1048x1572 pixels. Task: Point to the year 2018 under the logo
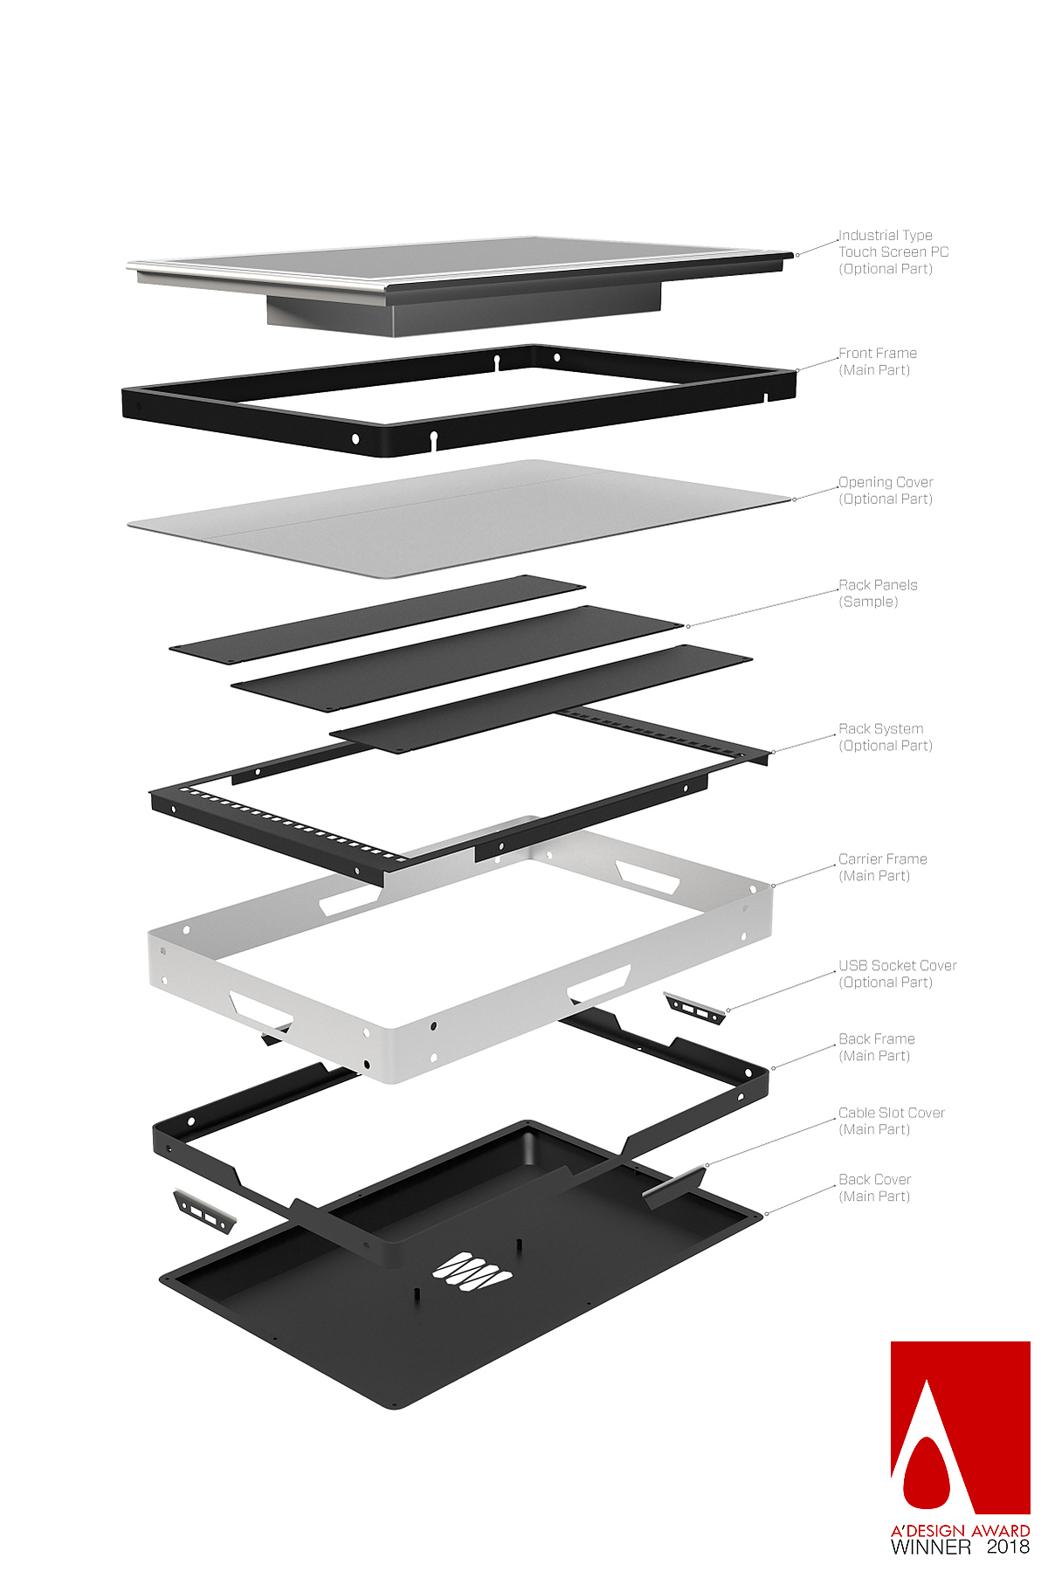click(1008, 1547)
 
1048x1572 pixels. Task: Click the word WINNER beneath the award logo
click(930, 1547)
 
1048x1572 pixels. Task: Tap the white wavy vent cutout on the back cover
click(472, 1269)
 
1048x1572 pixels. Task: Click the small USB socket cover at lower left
click(204, 1210)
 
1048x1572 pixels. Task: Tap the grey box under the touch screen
click(463, 307)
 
